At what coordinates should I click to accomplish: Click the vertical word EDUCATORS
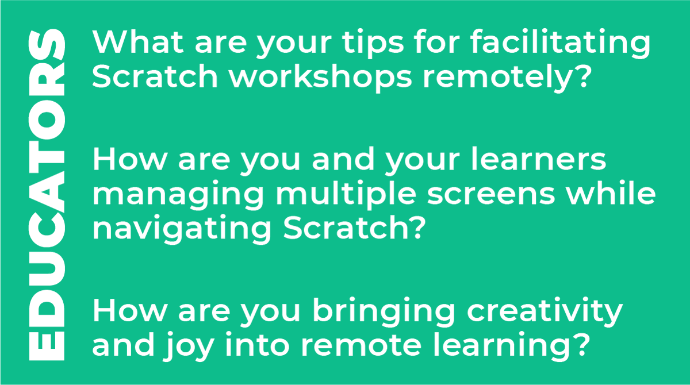point(46,193)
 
